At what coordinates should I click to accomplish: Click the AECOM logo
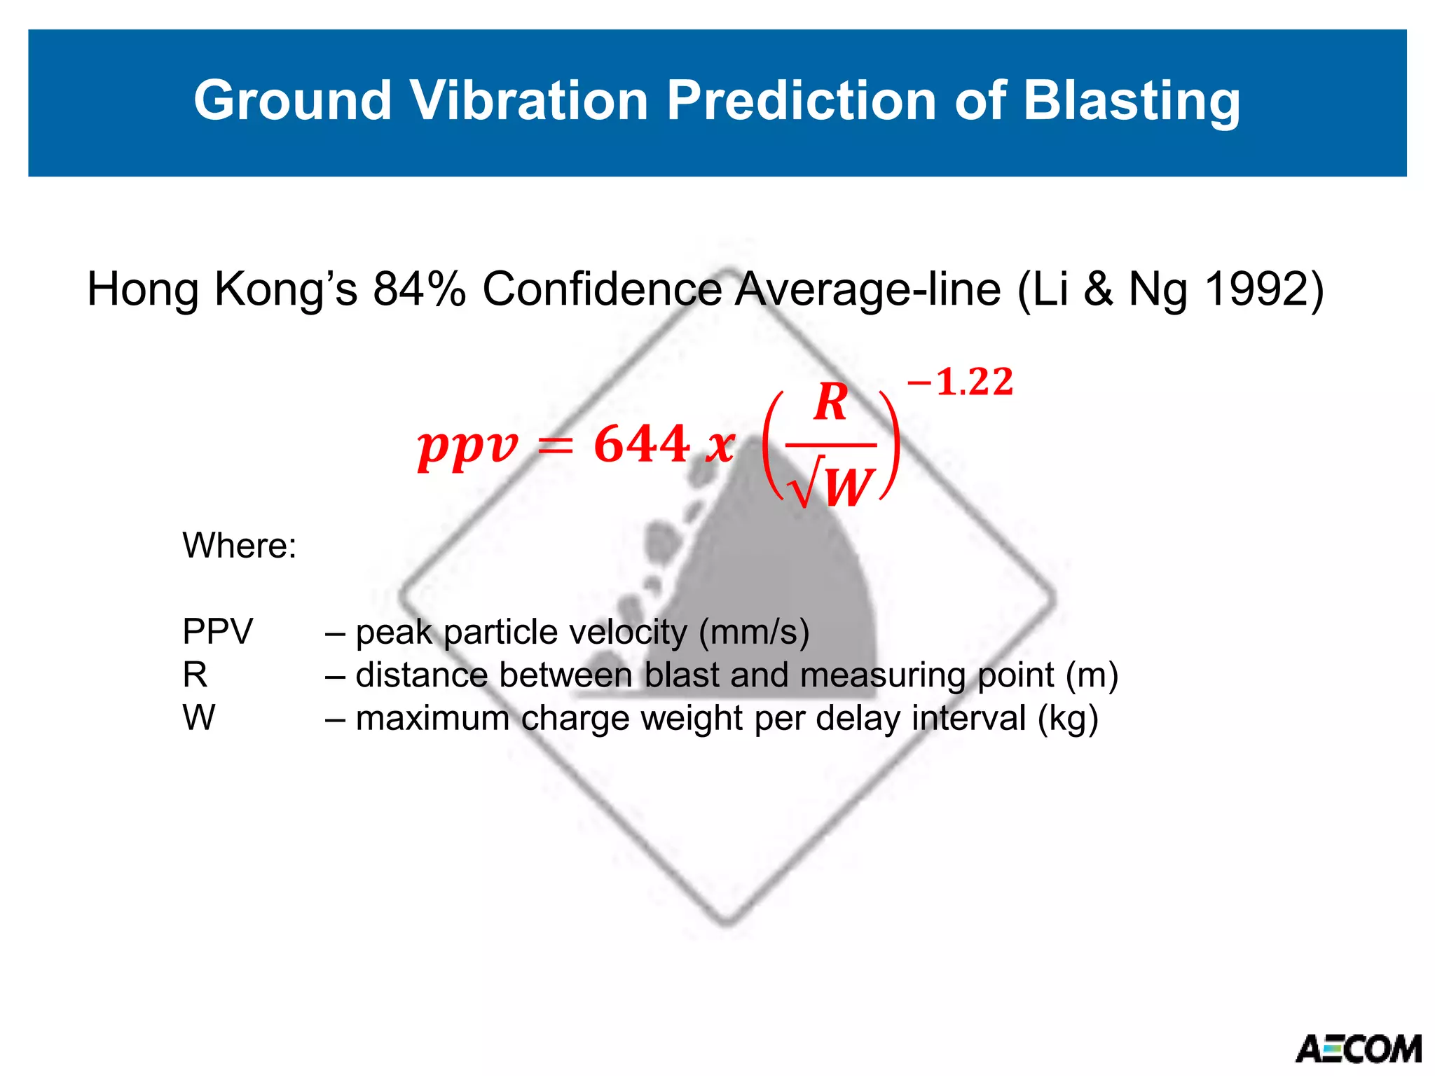1358,1049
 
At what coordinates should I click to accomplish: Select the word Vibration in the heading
529,100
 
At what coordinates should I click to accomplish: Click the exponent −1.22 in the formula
960,382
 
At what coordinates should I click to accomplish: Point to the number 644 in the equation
641,444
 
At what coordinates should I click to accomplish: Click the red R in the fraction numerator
831,403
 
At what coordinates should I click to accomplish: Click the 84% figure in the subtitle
419,289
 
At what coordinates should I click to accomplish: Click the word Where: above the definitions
240,545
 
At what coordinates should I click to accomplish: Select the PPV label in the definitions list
217,631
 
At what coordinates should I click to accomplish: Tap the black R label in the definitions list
195,675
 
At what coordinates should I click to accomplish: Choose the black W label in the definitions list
199,718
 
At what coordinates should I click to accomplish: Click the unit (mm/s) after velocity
754,631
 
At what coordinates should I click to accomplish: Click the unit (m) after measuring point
1092,675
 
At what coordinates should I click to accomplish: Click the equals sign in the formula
556,446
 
